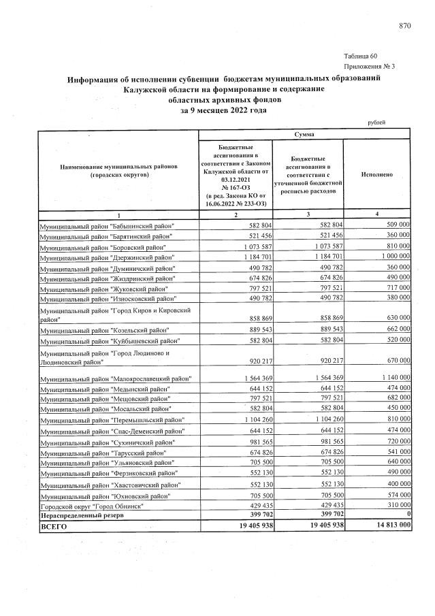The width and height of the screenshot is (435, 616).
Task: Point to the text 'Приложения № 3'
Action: point(370,67)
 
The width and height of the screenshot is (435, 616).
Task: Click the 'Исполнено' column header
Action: point(376,175)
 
